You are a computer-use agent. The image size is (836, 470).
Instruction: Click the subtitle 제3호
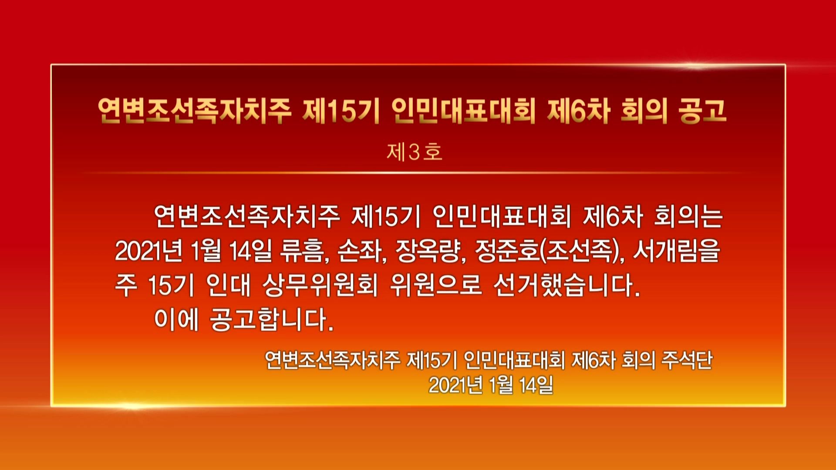414,152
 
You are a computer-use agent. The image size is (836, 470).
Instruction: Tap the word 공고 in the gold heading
702,111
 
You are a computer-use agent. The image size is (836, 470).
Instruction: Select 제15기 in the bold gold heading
341,111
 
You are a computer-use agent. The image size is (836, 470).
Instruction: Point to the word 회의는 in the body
688,216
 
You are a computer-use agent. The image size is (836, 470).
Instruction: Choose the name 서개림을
677,251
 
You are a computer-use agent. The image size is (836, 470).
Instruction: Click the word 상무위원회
320,285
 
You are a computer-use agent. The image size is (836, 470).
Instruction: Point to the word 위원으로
436,285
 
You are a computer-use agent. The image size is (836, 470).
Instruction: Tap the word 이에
176,320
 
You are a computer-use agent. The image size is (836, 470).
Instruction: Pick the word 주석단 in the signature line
687,360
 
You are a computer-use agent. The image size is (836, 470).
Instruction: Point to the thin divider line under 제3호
414,173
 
